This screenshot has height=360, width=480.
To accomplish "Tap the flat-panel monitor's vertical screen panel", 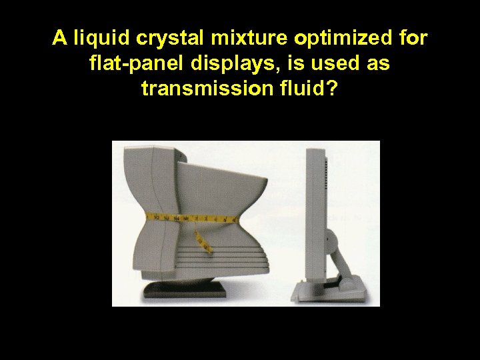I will pos(314,213).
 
